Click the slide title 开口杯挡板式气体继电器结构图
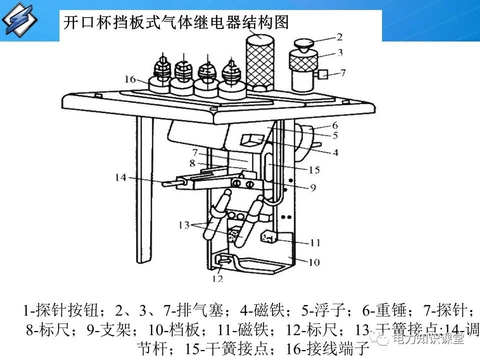tap(175, 22)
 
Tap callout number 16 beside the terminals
tap(130, 79)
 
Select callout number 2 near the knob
tap(339, 36)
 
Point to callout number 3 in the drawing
tap(339, 52)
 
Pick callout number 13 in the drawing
tap(184, 225)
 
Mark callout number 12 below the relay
tap(217, 278)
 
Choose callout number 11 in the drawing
tap(314, 243)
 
